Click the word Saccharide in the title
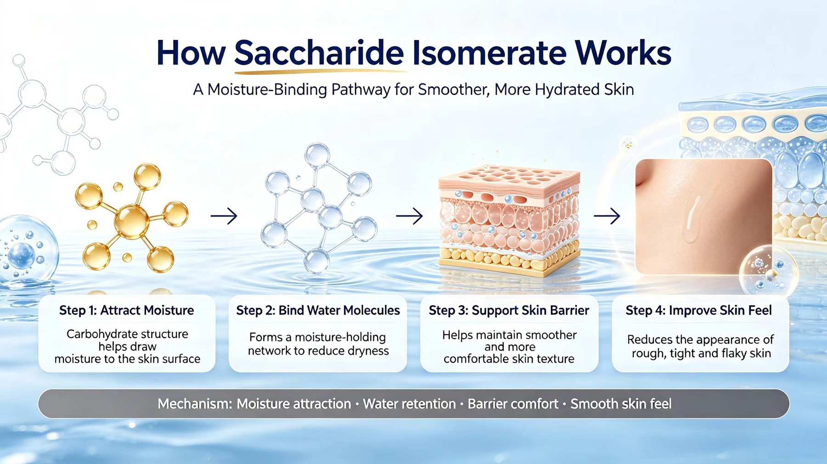coord(319,53)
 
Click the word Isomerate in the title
coord(489,53)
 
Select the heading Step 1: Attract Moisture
coord(127,311)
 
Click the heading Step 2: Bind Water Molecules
coord(318,311)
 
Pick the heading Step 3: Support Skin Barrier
coord(509,311)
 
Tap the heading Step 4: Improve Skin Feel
coord(699,311)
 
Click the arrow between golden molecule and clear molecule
coord(224,216)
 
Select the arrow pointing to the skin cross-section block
coord(409,216)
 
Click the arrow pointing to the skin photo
coord(607,216)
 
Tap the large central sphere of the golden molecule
coord(132,222)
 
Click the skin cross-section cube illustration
coord(509,220)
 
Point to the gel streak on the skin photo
coord(692,218)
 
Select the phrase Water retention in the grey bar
coord(409,404)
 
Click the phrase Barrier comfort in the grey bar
coord(513,404)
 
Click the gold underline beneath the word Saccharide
coord(320,72)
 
